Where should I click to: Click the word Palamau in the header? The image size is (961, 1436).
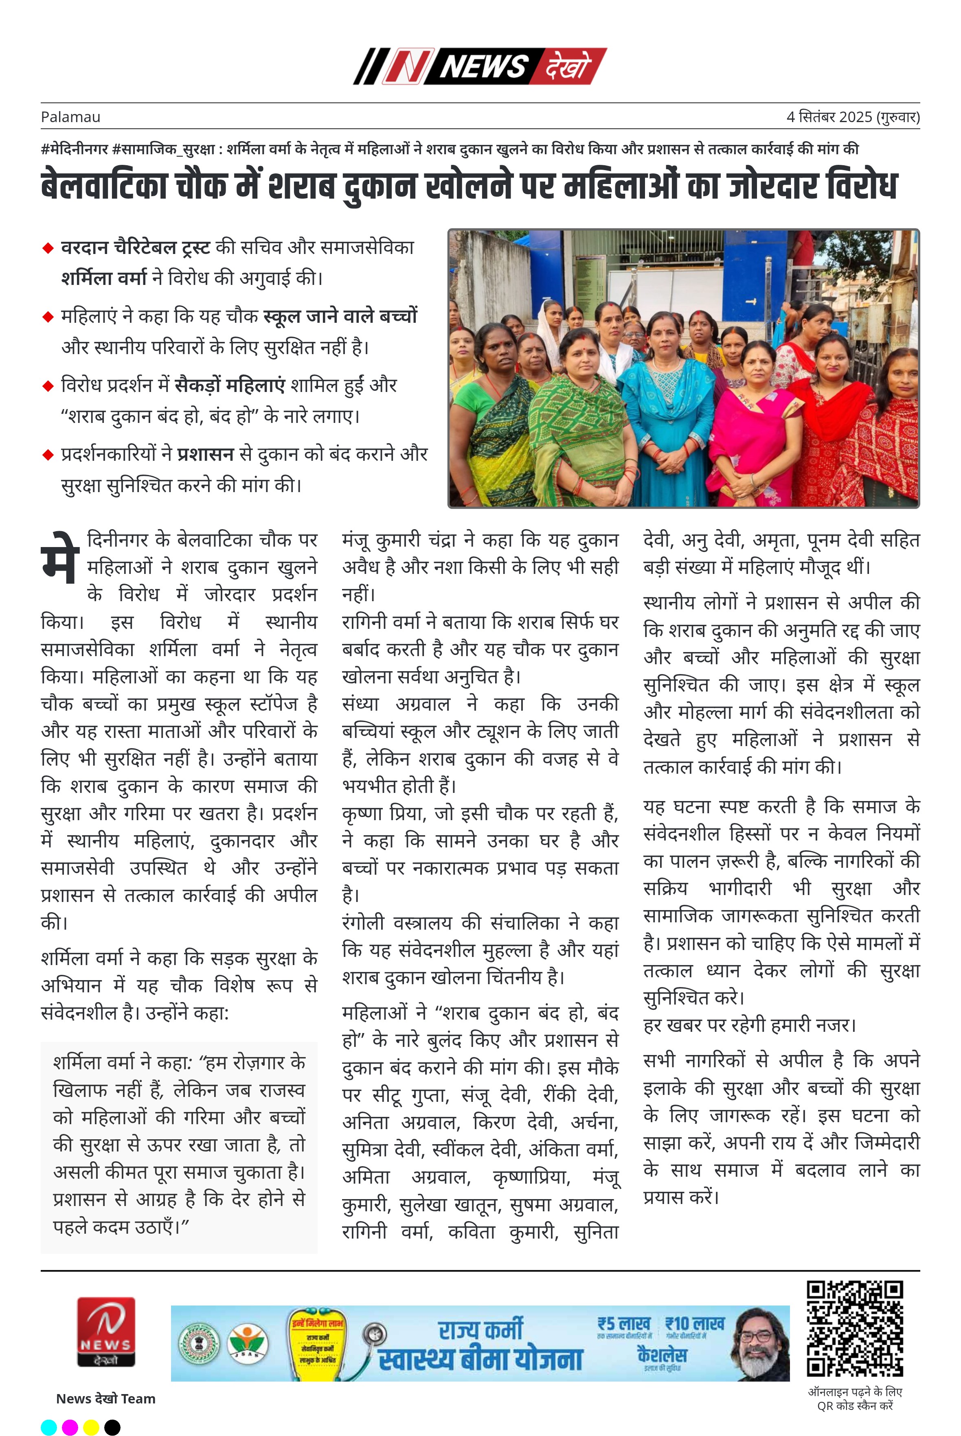click(70, 117)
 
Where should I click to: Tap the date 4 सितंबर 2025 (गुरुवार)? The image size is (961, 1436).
click(853, 117)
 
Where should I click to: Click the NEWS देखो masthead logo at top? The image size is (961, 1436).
click(480, 66)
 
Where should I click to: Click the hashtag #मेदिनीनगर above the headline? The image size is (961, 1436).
click(74, 149)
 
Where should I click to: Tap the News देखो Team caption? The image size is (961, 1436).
click(105, 1399)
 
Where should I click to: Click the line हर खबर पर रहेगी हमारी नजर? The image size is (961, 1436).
click(749, 1025)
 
